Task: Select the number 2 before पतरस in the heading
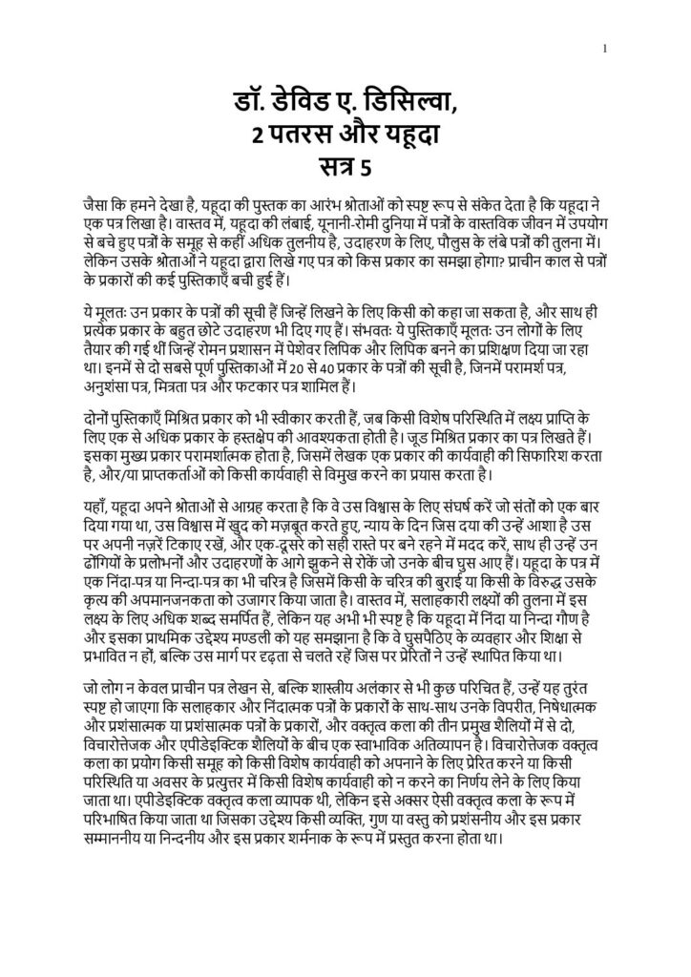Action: (255, 135)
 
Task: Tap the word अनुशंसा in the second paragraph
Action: (113, 386)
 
